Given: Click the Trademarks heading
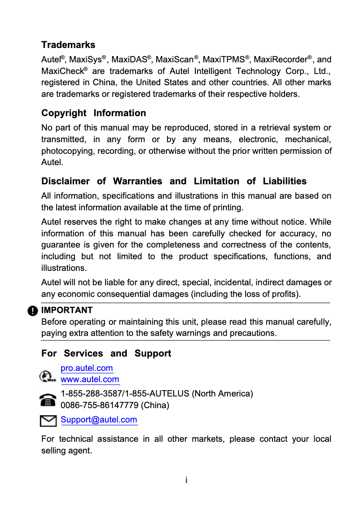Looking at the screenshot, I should [x=68, y=45].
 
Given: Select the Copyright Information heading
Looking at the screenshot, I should [x=93, y=113].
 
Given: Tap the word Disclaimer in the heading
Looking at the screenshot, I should [x=65, y=181].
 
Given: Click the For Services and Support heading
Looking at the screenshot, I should [x=106, y=353].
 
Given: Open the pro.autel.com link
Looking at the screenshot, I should [x=87, y=368].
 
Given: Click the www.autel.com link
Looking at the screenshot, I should [x=90, y=379].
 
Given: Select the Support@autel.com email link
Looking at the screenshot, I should [x=99, y=420].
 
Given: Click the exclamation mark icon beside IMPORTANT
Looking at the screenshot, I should [x=33, y=311].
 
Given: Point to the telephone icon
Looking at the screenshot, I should [x=47, y=400].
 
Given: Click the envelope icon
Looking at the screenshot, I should [x=48, y=421].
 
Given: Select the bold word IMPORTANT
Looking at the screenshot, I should [x=67, y=310].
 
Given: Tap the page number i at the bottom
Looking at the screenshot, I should [x=186, y=480].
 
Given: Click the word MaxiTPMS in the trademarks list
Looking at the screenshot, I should [x=224, y=60].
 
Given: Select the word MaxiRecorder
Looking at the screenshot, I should [x=281, y=60].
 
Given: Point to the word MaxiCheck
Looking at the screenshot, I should [x=62, y=71].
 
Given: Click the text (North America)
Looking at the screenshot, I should [x=223, y=394].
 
